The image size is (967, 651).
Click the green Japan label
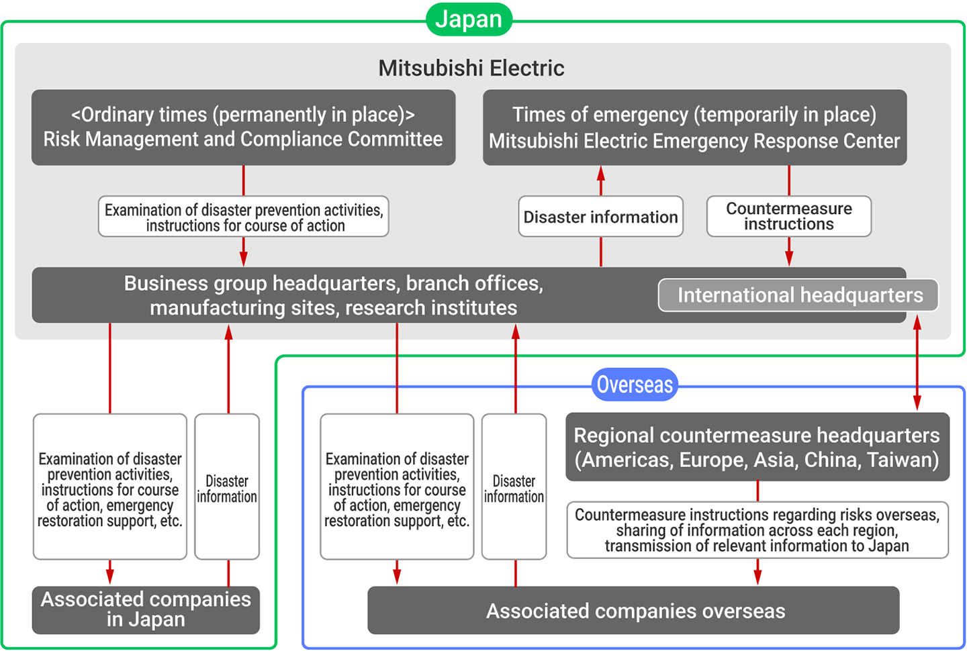pyautogui.click(x=469, y=19)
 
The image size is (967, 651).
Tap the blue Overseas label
pyautogui.click(x=634, y=385)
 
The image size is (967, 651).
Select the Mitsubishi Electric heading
pyautogui.click(x=471, y=68)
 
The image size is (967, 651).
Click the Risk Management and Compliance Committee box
pyautogui.click(x=243, y=128)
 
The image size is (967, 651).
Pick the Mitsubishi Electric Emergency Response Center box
pyautogui.click(x=694, y=128)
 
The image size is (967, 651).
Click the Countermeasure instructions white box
pyautogui.click(x=788, y=216)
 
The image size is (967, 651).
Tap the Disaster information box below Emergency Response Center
pyautogui.click(x=600, y=217)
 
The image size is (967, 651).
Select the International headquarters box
pyautogui.click(x=798, y=295)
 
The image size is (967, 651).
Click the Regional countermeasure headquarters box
pyautogui.click(x=757, y=447)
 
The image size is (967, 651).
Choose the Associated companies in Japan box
pyautogui.click(x=146, y=609)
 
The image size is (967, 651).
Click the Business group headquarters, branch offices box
pyautogui.click(x=334, y=295)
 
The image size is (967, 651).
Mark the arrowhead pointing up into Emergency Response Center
pyautogui.click(x=601, y=172)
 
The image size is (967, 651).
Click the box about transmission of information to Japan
pyautogui.click(x=757, y=530)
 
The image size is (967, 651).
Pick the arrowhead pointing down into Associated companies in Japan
pyautogui.click(x=110, y=576)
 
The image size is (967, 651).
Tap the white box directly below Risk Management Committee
pyautogui.click(x=243, y=217)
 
